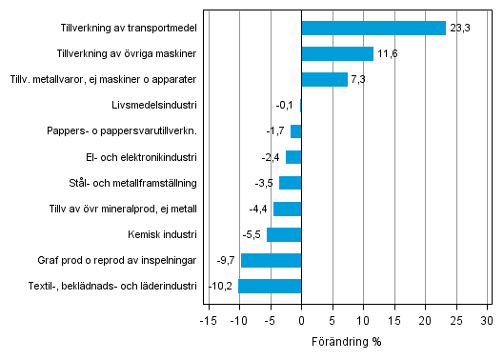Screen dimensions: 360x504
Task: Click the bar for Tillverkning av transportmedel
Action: (x=373, y=28)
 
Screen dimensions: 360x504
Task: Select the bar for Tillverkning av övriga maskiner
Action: (x=337, y=53)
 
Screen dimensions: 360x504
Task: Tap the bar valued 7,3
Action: (x=324, y=79)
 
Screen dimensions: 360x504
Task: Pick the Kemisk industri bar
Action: (x=284, y=234)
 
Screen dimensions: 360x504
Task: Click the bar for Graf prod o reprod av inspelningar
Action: (x=271, y=260)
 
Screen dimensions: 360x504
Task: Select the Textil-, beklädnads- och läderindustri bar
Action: (x=270, y=286)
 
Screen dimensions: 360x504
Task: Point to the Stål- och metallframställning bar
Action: (x=290, y=183)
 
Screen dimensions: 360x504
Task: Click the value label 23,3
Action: (x=459, y=28)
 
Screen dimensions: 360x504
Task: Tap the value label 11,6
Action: (x=387, y=53)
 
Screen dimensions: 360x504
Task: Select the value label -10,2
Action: (x=221, y=286)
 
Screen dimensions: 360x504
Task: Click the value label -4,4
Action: (x=260, y=209)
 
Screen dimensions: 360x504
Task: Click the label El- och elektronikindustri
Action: (x=141, y=157)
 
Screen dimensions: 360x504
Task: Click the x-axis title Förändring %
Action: (x=347, y=340)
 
